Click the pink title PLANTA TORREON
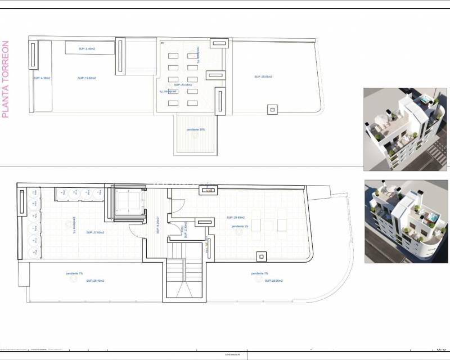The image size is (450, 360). [x=6, y=79]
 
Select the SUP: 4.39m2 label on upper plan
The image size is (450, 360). [x=42, y=78]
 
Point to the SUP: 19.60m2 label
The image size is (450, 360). [x=86, y=78]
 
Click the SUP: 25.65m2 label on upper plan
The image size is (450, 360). [x=263, y=76]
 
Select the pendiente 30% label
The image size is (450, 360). [x=196, y=129]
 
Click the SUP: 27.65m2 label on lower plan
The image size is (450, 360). [x=94, y=232]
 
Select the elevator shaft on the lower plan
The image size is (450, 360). [x=130, y=203]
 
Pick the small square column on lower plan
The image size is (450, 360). [x=261, y=256]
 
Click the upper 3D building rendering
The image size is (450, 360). [x=406, y=129]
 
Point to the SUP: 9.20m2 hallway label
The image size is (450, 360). [x=159, y=225]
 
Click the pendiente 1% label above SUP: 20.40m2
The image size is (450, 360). [x=74, y=273]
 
